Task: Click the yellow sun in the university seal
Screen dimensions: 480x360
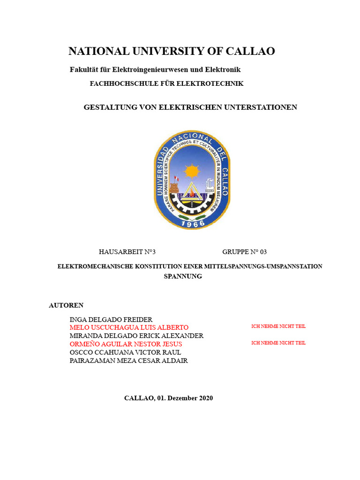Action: [192, 171]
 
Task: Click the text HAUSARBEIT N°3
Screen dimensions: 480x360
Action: [127, 252]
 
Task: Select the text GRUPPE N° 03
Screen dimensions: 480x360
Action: [244, 252]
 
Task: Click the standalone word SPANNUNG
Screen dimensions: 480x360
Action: [183, 276]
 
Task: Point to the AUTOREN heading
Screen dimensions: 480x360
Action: [66, 305]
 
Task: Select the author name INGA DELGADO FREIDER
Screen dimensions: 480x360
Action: [111, 319]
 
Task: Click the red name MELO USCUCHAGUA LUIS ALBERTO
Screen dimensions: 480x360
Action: [129, 327]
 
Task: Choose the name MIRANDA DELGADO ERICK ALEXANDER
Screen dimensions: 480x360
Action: [136, 336]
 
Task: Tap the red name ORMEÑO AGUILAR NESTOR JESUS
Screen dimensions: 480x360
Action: [126, 344]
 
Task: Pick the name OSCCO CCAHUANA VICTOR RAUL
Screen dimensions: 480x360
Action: [125, 352]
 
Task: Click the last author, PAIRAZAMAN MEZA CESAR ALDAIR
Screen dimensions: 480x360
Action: [128, 360]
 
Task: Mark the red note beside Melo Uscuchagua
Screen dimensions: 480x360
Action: [278, 326]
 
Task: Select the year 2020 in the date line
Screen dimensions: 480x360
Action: [206, 398]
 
